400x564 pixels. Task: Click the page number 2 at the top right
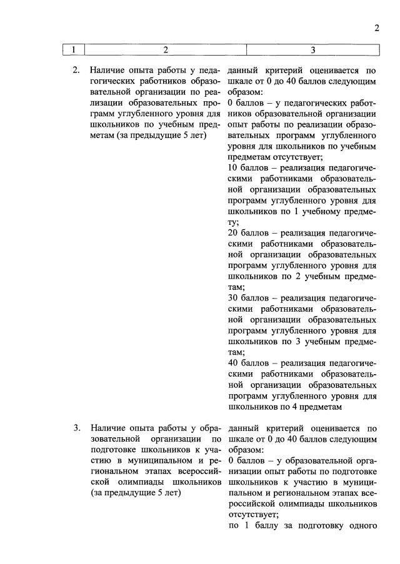tap(377, 27)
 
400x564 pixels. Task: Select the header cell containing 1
tap(73, 49)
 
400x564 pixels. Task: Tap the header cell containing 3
tap(312, 49)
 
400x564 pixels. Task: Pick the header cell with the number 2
tap(165, 49)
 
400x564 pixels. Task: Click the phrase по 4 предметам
tap(311, 407)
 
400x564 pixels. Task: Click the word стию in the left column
tap(101, 461)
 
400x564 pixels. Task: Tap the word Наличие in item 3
tap(107, 428)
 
